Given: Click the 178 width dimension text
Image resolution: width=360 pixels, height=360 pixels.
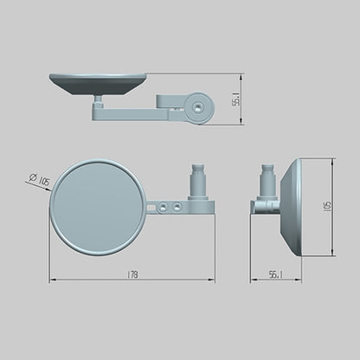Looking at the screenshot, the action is tap(132, 274).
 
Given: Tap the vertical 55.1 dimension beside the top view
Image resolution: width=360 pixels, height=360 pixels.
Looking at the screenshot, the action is tap(236, 99).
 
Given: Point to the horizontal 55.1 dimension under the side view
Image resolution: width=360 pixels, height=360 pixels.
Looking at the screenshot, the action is tap(275, 274).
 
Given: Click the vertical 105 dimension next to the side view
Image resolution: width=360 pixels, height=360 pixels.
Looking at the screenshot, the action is tap(327, 207).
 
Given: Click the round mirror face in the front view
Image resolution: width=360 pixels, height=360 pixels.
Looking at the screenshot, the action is tap(98, 208).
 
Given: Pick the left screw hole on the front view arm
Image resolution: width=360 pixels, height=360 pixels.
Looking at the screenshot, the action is tap(163, 207).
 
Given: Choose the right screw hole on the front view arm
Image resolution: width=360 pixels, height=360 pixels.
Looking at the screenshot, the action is tap(177, 207).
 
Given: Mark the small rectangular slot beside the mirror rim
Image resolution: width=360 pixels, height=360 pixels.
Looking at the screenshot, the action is tap(151, 207).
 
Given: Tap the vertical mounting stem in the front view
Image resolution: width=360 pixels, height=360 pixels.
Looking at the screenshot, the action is tap(199, 182).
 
